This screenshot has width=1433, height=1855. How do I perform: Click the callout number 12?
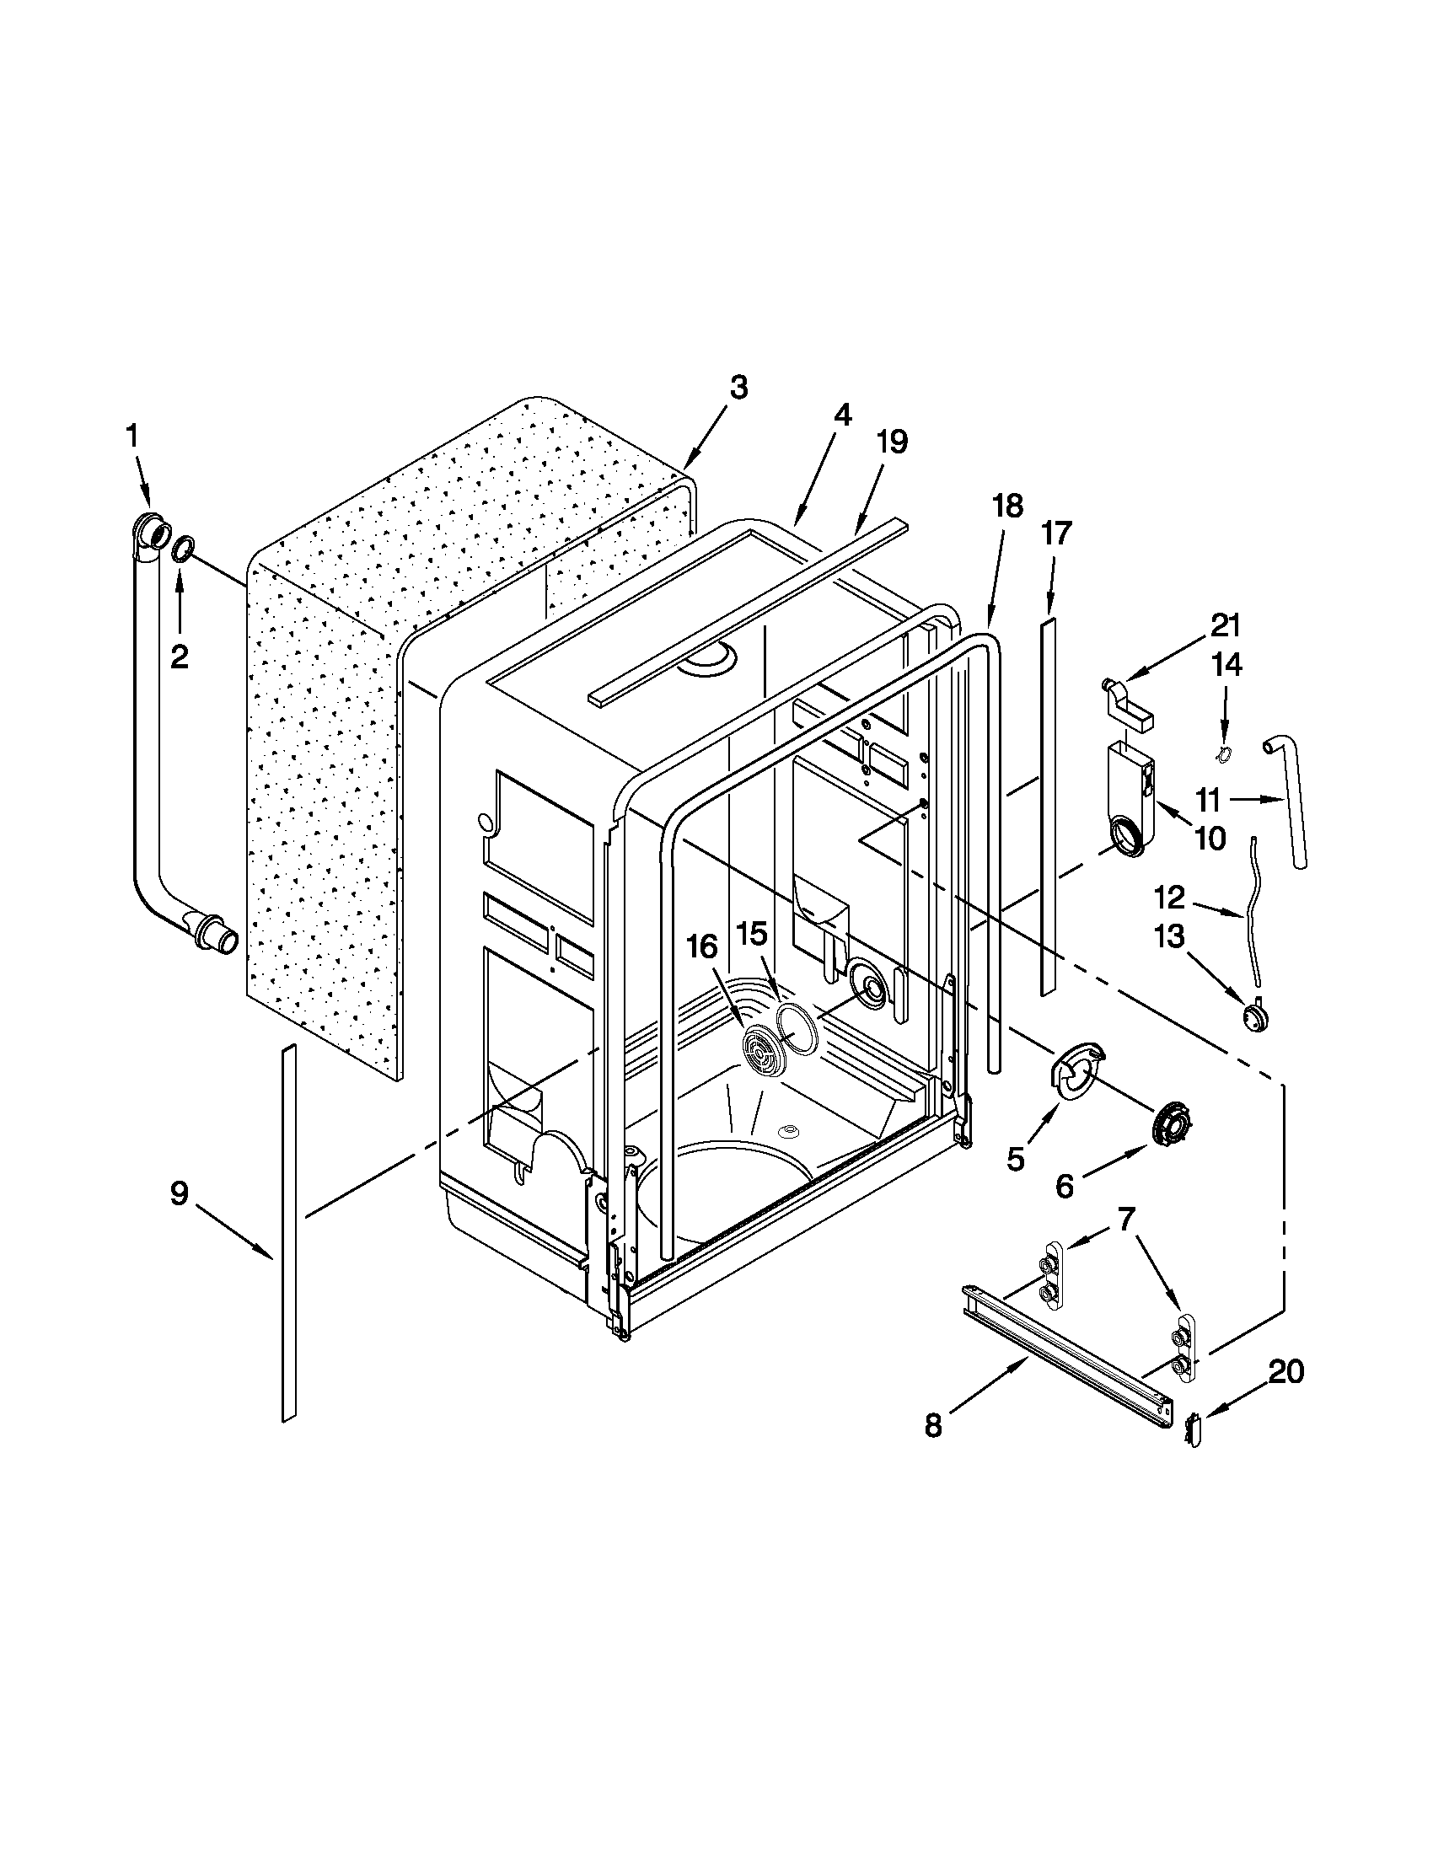coord(1169,896)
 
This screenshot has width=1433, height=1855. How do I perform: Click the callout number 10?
coord(1210,839)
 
